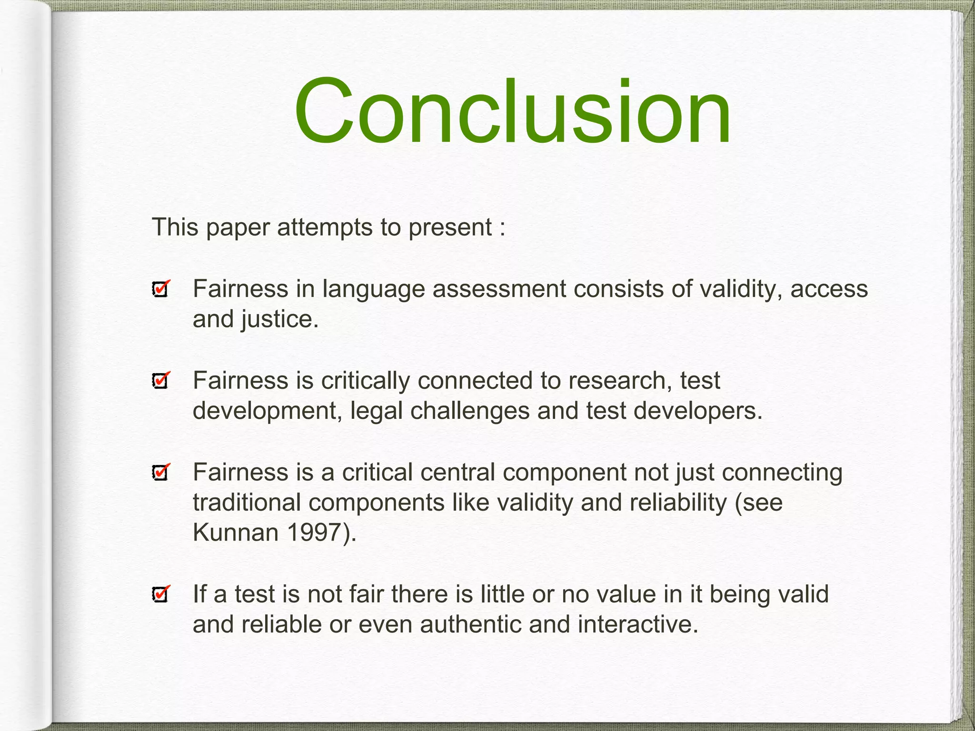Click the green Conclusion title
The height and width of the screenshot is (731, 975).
point(512,112)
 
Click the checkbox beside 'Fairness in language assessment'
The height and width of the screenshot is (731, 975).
point(160,289)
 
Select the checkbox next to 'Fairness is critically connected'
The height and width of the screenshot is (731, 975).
point(160,381)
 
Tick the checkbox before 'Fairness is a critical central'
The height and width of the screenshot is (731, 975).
point(160,472)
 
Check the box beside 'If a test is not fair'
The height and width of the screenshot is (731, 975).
point(160,594)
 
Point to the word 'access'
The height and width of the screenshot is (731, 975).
point(829,289)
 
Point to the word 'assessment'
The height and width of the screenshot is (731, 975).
point(499,289)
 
